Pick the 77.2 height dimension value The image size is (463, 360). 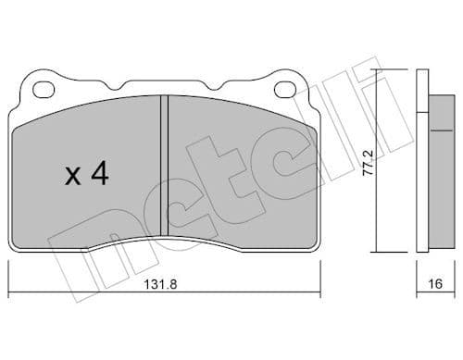369,161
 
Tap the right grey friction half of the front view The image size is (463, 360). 241,167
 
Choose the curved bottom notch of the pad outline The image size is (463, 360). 164,242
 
